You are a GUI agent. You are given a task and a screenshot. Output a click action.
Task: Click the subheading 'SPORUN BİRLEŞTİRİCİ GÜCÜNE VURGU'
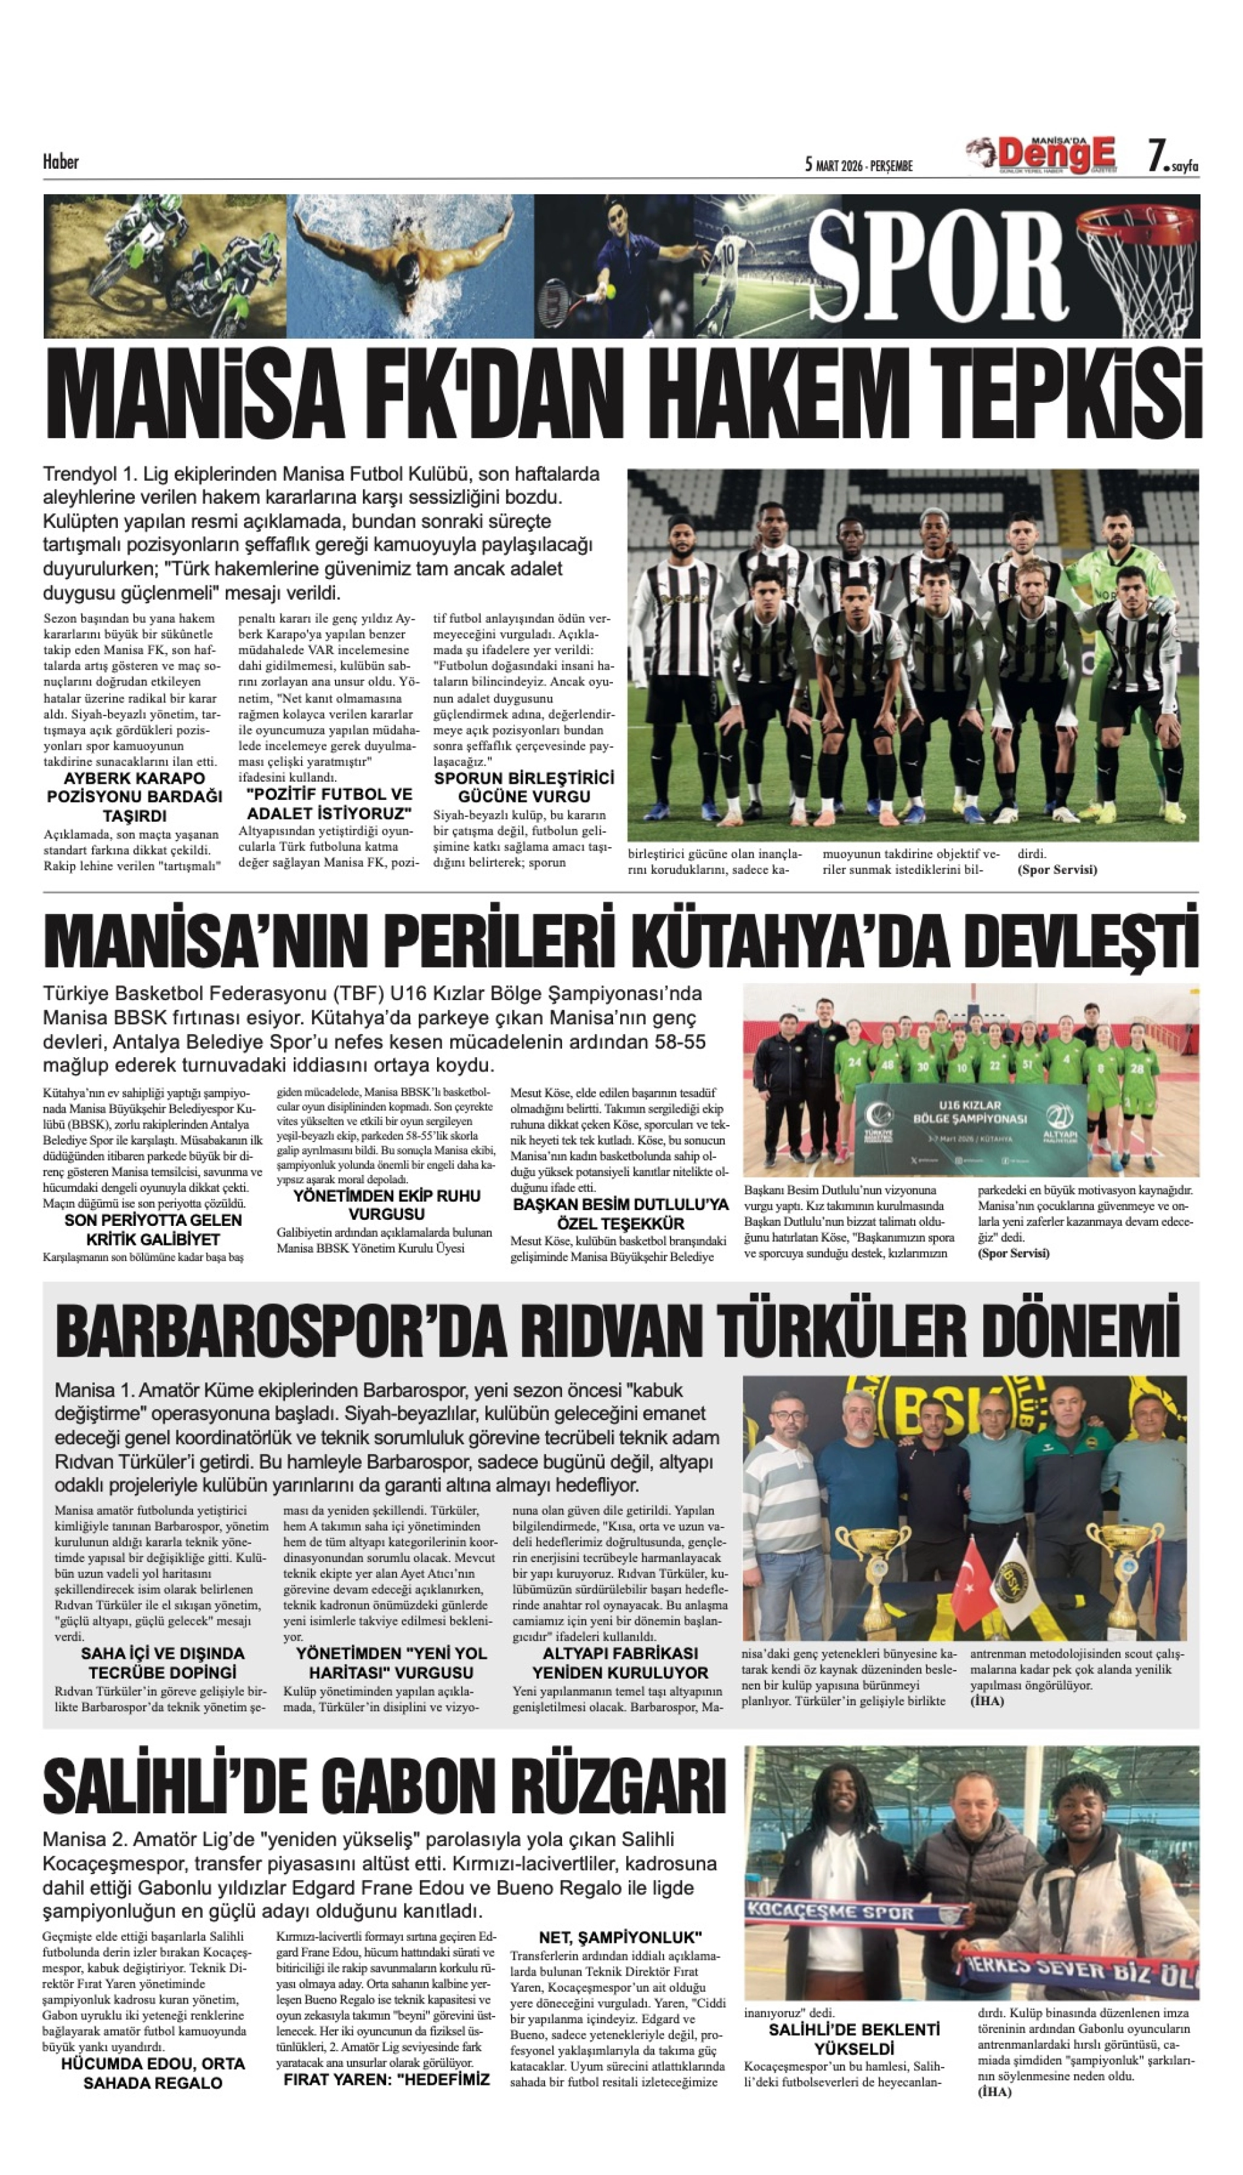tap(523, 787)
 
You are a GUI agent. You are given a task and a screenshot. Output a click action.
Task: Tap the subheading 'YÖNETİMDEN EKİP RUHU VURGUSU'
tap(386, 1204)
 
